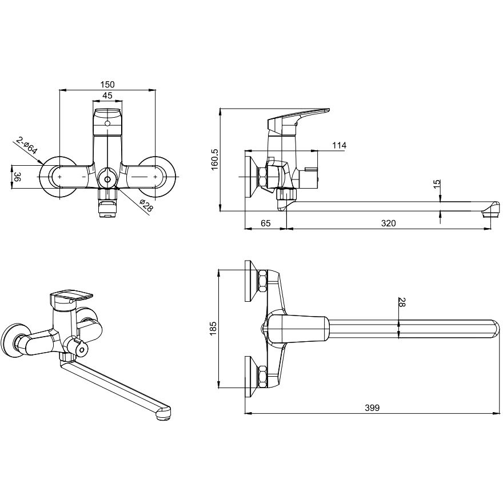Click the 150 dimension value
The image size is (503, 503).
click(x=107, y=85)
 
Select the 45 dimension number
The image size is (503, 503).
click(x=107, y=95)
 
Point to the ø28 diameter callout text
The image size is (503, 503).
click(x=146, y=205)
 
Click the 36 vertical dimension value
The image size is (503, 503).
click(x=18, y=177)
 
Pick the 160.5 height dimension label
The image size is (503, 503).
click(x=214, y=159)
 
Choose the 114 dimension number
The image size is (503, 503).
click(x=339, y=145)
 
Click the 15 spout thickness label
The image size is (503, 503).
click(x=437, y=185)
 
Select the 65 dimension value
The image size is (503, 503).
click(x=266, y=223)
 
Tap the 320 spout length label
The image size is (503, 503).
click(x=388, y=223)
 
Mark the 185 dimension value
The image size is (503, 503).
click(x=213, y=329)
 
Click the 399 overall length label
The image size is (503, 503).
click(x=372, y=408)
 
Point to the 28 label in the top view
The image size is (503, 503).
click(x=402, y=302)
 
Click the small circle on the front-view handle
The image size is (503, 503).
click(x=107, y=123)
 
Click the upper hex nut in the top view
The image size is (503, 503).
click(x=263, y=281)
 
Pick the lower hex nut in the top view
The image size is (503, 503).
click(x=263, y=377)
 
